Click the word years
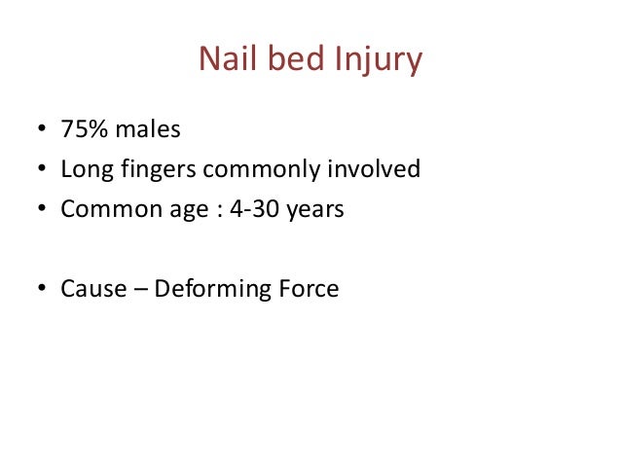click(317, 211)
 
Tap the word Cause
click(89, 289)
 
